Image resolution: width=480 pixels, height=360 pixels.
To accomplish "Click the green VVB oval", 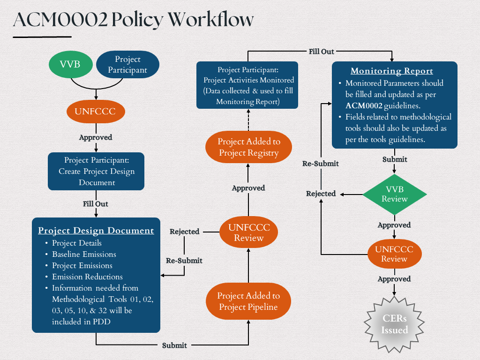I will [70, 65].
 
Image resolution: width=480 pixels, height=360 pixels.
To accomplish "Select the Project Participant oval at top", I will [127, 65].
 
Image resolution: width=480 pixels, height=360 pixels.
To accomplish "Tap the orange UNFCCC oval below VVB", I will [96, 112].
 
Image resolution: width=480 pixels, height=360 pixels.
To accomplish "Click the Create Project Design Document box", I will [96, 172].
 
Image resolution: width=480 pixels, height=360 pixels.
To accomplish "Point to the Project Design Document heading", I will [96, 230].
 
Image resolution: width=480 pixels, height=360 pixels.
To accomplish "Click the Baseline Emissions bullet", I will [84, 254].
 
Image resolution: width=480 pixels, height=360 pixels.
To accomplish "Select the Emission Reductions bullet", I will [87, 277].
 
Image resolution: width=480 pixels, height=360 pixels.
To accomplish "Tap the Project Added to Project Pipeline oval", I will [248, 301].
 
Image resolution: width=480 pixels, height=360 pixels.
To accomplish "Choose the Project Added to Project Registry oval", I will [248, 147].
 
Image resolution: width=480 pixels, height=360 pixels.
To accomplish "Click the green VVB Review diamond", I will [394, 194].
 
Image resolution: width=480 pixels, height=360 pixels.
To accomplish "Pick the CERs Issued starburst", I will [394, 324].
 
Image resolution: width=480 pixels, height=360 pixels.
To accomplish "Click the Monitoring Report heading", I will [392, 71].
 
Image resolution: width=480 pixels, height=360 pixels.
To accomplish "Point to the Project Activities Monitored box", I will [247, 85].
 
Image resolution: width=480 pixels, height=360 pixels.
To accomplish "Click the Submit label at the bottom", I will [174, 345].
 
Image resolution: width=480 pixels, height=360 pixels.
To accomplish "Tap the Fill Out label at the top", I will [321, 51].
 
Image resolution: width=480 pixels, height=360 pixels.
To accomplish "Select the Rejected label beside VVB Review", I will [321, 194].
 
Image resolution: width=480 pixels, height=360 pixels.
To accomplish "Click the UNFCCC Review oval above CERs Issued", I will [394, 254].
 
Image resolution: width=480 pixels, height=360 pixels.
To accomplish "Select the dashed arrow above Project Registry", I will [248, 120].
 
